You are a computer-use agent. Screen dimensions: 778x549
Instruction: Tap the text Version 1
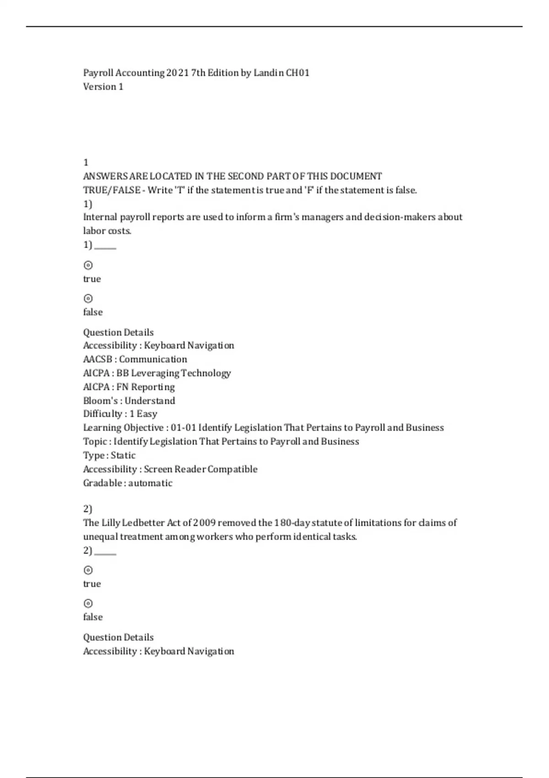click(x=103, y=86)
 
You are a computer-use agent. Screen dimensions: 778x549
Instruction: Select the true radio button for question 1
click(x=88, y=265)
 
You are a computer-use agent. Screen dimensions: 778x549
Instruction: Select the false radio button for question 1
click(x=88, y=298)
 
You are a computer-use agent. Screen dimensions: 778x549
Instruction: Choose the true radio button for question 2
click(x=88, y=570)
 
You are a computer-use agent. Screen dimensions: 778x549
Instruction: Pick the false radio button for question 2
click(x=88, y=603)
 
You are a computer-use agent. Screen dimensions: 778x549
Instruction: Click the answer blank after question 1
click(x=105, y=246)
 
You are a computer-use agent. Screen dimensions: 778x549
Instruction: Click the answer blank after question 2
click(x=105, y=551)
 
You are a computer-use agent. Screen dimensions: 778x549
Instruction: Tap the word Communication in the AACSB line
click(x=153, y=359)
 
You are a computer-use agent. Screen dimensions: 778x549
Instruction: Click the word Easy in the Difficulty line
click(x=147, y=414)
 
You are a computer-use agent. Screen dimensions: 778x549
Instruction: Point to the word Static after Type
click(x=123, y=455)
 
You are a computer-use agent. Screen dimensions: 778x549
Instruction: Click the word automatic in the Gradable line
click(x=150, y=483)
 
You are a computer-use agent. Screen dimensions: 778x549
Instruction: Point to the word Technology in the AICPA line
click(x=206, y=373)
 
